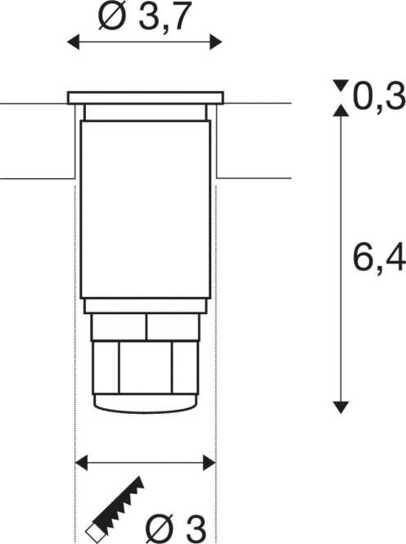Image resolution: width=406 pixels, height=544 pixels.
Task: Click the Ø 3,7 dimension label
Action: (x=145, y=16)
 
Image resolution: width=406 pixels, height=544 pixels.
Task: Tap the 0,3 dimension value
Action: (x=379, y=97)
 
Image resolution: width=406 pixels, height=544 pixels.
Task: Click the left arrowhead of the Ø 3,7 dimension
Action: (x=73, y=42)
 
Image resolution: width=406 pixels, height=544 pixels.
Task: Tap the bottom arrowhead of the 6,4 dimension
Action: (x=341, y=407)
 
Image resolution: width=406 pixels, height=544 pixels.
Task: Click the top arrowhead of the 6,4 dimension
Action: (x=341, y=111)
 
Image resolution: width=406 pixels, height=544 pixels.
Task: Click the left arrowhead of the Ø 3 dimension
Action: (x=81, y=463)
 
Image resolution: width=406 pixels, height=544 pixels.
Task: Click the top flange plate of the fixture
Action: (x=145, y=98)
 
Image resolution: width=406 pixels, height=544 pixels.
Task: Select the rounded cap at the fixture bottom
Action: (x=145, y=402)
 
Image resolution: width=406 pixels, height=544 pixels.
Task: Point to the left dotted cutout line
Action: (x=75, y=327)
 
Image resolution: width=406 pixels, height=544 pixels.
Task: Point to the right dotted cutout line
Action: (x=215, y=327)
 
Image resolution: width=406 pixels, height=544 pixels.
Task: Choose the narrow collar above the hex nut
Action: (x=145, y=326)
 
